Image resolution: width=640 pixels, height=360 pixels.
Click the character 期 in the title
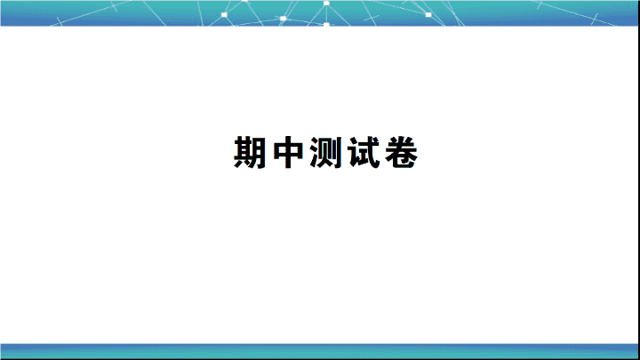pos(250,152)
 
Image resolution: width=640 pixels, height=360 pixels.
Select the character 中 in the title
pos(288,152)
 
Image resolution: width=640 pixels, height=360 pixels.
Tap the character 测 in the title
pos(325,152)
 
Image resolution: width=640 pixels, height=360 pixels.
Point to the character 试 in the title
pos(364,152)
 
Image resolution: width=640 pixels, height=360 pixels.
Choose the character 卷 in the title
pos(402,152)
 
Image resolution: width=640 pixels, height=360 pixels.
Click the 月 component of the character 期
pos(260,152)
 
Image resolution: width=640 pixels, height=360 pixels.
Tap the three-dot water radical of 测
pos(315,152)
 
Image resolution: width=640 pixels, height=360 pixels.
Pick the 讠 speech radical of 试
pos(353,153)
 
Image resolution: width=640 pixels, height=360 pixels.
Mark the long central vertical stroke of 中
pos(288,152)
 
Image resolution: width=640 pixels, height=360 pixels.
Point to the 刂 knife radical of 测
pos(338,152)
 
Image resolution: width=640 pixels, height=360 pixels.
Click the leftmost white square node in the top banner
pos(224,15)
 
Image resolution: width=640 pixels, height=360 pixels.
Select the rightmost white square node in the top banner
pos(428,15)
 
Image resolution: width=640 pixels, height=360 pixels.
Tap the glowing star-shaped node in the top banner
pos(283,19)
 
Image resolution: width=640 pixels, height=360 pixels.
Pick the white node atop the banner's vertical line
pos(326,4)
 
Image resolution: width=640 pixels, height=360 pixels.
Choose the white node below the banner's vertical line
pos(326,25)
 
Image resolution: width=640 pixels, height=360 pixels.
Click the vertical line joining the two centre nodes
pos(326,14)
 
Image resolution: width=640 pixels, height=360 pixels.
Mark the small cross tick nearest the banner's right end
pos(596,19)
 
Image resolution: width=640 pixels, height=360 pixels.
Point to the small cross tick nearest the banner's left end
pos(60,20)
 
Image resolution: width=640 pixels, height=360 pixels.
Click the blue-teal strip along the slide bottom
pos(319,351)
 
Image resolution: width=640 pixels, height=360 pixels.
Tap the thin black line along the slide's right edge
pos(639,180)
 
